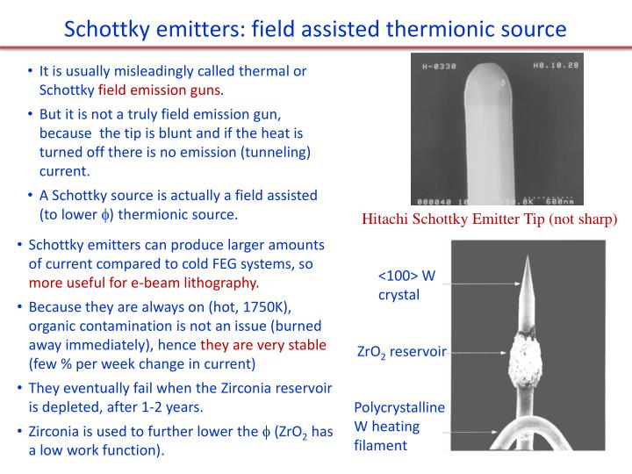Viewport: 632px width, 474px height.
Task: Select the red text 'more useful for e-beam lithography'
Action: pyautogui.click(x=144, y=283)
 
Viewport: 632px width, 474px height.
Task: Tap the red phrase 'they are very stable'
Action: pyautogui.click(x=263, y=344)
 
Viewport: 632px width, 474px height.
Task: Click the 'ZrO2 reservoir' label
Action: pyautogui.click(x=402, y=352)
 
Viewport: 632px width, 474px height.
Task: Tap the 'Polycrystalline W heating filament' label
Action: pyautogui.click(x=399, y=427)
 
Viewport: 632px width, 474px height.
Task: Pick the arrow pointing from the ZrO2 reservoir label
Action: pyautogui.click(x=478, y=351)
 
